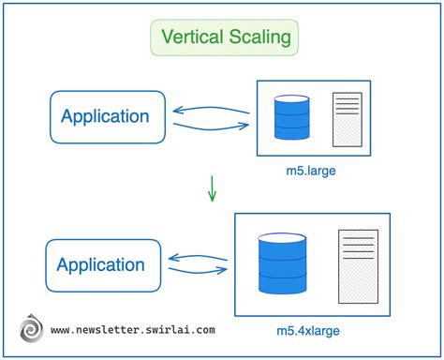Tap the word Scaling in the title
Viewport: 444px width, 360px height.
[x=261, y=38]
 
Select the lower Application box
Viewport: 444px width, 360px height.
[x=100, y=265]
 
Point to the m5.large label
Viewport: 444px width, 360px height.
[x=312, y=172]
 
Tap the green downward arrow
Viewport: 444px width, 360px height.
[x=213, y=189]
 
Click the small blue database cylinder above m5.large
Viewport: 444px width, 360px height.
[x=291, y=118]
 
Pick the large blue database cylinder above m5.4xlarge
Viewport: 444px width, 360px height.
[x=284, y=263]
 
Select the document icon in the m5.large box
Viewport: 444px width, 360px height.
[x=346, y=118]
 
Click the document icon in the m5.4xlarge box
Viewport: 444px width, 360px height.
[x=358, y=265]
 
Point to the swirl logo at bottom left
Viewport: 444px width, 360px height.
[x=30, y=330]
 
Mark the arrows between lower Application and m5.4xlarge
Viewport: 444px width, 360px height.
[x=198, y=265]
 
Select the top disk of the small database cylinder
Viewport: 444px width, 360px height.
[x=291, y=100]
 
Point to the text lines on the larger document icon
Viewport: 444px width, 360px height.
[x=358, y=249]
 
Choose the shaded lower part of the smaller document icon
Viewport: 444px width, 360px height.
[x=346, y=131]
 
